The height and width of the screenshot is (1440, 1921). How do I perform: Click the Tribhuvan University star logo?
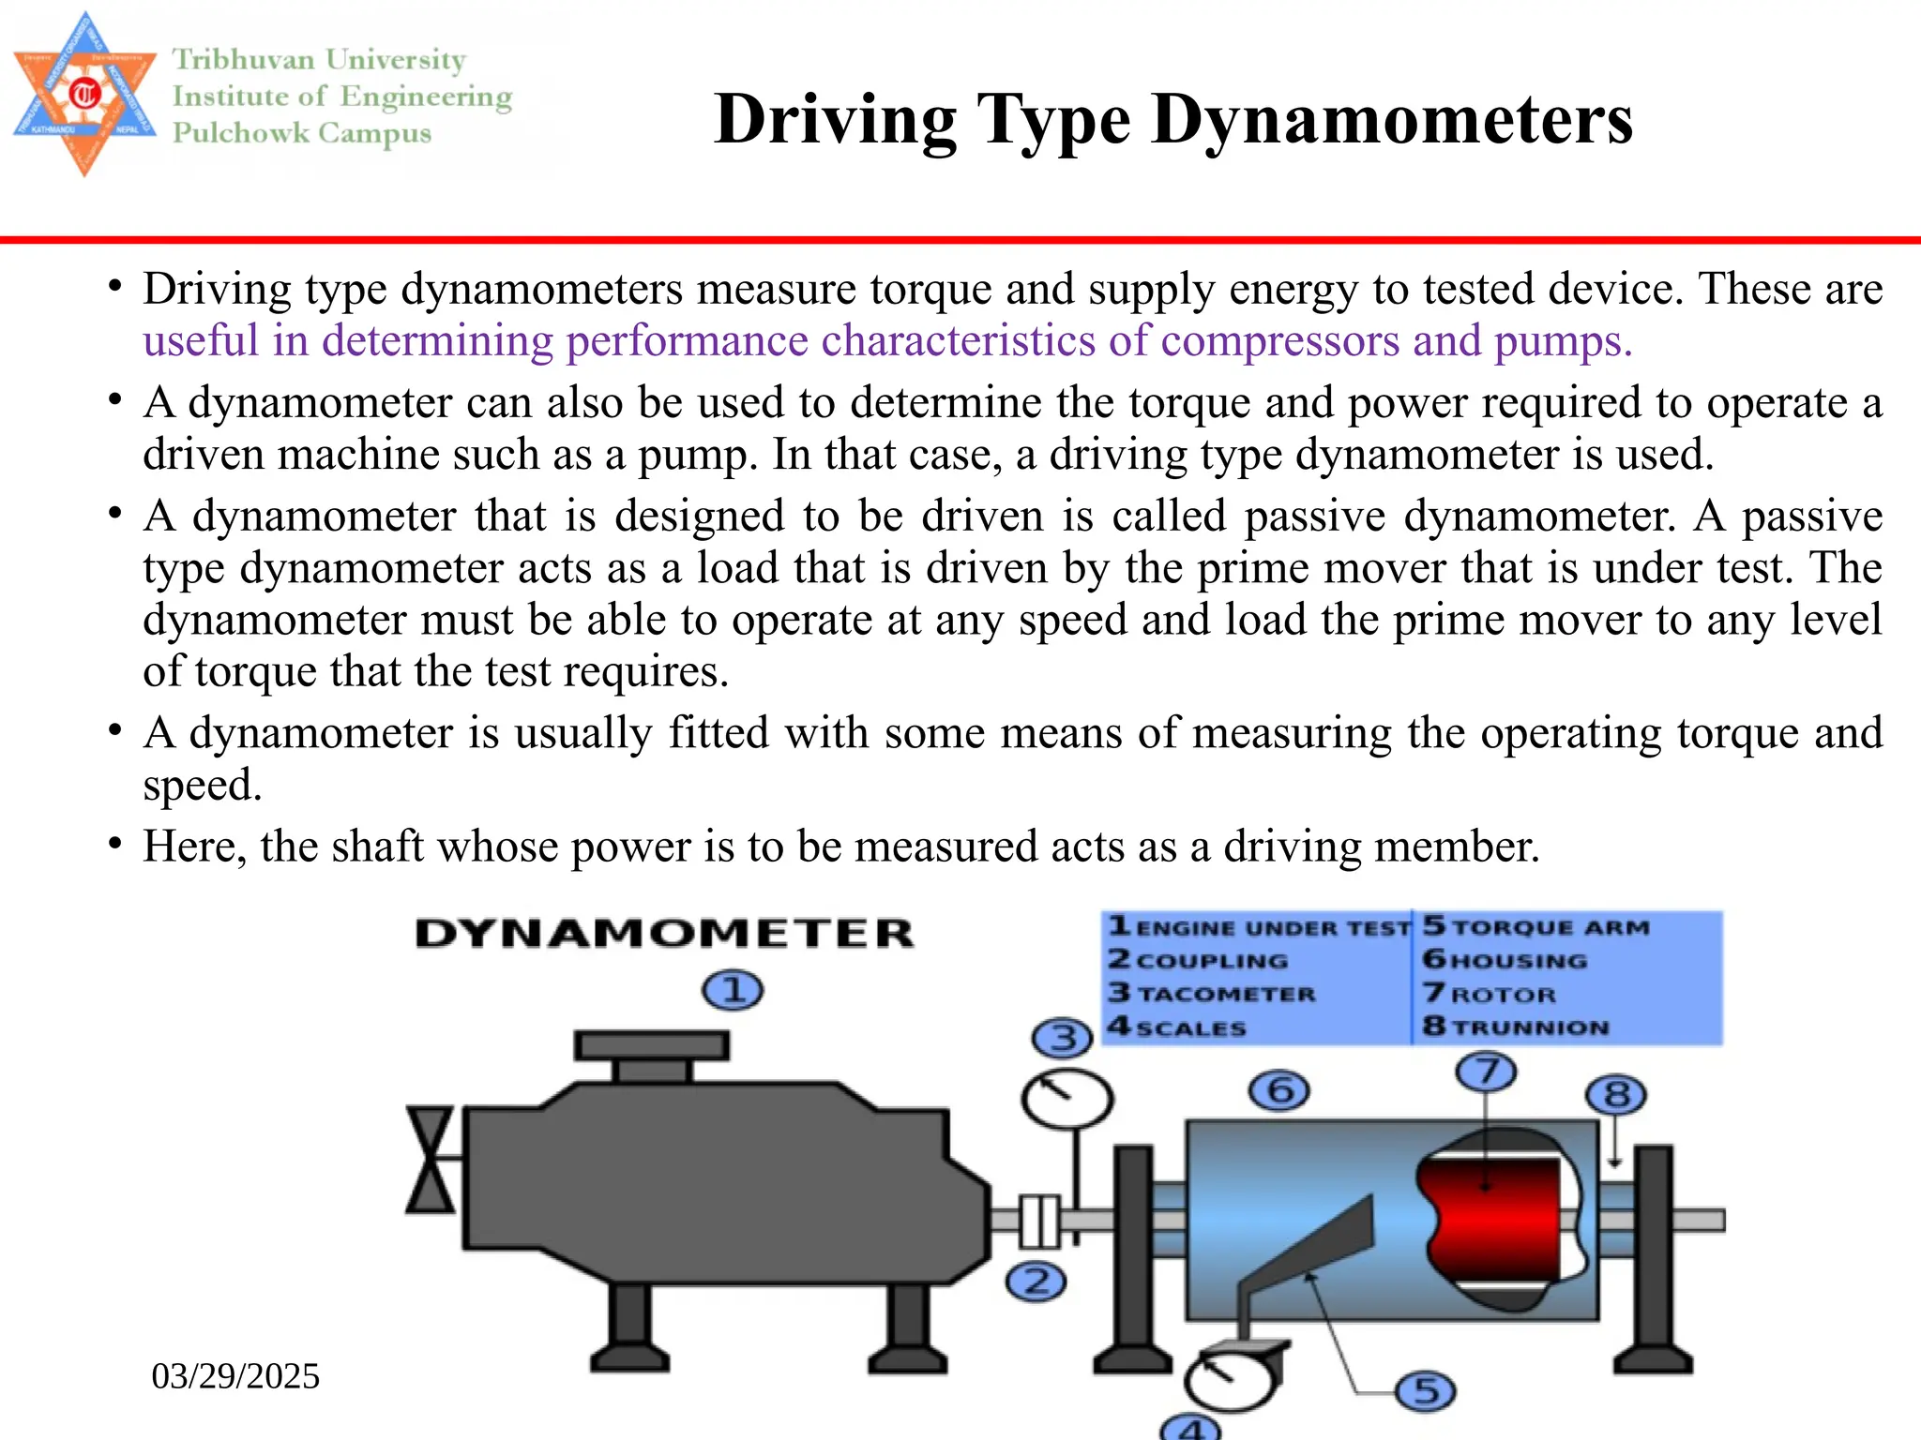(84, 94)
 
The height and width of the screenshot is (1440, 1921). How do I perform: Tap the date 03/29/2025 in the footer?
(235, 1376)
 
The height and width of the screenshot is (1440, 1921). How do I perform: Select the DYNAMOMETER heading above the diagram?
(664, 934)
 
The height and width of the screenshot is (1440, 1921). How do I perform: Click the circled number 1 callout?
(733, 990)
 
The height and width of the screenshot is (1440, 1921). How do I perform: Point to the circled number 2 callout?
(1036, 1282)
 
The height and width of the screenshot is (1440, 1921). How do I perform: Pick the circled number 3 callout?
(1062, 1038)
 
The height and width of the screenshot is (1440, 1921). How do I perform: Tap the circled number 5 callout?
(1425, 1391)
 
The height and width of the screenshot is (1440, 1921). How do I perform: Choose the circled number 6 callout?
(1279, 1091)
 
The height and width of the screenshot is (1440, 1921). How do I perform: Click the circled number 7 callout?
(1486, 1072)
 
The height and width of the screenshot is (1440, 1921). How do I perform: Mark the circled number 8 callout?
(1615, 1095)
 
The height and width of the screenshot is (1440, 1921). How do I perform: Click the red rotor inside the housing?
(1491, 1219)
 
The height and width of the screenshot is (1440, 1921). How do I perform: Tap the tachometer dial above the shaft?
(1066, 1099)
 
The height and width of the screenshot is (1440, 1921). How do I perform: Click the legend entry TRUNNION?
(1530, 1027)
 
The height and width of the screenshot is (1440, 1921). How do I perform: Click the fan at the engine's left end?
(431, 1160)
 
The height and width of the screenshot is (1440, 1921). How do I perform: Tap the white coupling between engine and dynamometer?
(1039, 1221)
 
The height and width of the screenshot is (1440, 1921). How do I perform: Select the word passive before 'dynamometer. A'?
(1314, 517)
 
